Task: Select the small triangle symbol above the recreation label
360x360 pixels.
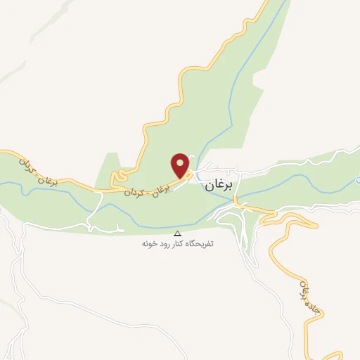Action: [177, 233]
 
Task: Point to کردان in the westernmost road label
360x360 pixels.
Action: [25, 164]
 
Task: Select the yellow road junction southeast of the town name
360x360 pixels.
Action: [238, 203]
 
